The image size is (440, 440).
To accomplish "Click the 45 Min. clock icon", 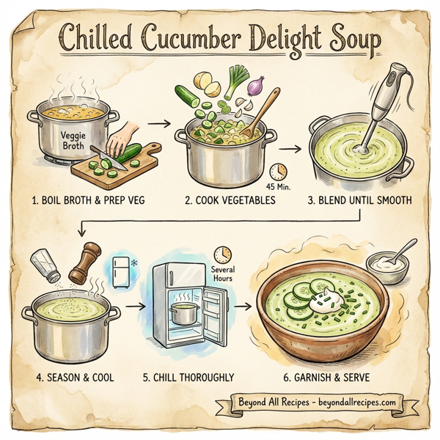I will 278,172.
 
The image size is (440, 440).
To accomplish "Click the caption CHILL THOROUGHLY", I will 188,378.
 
